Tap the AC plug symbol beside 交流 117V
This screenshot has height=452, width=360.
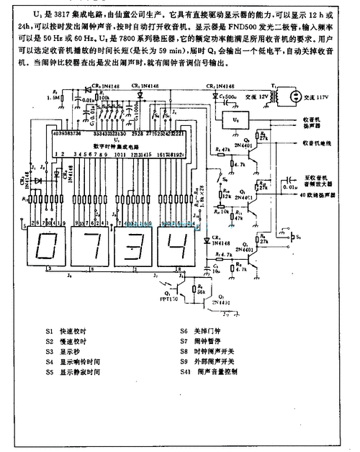click(x=294, y=95)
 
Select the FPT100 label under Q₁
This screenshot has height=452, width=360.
click(x=170, y=315)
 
